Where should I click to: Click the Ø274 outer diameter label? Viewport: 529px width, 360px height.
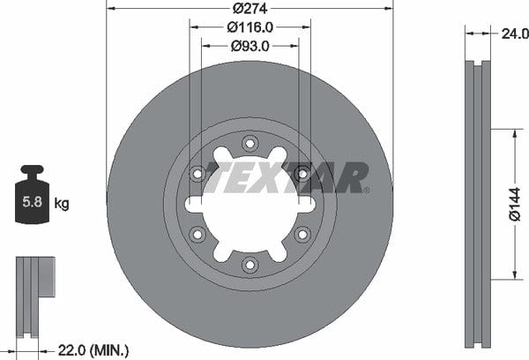pos(250,9)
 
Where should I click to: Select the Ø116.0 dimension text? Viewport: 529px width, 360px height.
pos(250,27)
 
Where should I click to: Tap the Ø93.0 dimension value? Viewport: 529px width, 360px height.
pos(250,46)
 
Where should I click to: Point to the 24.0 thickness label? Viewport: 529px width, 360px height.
pos(515,34)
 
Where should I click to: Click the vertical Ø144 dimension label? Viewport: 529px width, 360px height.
pos(515,205)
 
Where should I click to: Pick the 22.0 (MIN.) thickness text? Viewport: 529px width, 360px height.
pos(93,350)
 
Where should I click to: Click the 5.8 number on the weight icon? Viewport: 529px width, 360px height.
pos(32,201)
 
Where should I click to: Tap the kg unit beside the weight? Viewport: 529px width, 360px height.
pos(62,204)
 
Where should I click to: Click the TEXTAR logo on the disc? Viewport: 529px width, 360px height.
pos(286,177)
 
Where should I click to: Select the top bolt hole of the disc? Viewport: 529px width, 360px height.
pos(250,144)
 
